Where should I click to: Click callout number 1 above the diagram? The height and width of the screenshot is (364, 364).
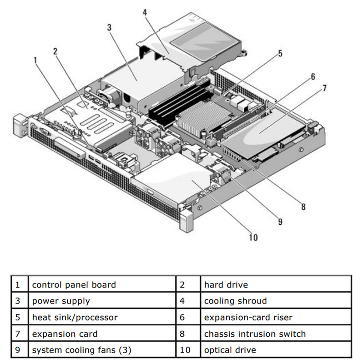[35, 59]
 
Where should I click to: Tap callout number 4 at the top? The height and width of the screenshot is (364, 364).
[145, 12]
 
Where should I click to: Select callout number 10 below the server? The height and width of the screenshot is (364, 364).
[253, 237]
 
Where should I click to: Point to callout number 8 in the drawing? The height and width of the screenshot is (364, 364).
[303, 206]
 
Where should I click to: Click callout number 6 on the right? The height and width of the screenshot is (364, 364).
[313, 76]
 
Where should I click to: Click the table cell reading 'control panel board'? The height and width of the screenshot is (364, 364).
[74, 285]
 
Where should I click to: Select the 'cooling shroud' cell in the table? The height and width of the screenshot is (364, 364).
[235, 301]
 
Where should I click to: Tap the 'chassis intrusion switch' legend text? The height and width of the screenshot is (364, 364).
[255, 334]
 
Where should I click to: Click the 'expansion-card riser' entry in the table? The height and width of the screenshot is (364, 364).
[248, 318]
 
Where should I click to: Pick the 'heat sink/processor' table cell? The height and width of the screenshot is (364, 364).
[75, 318]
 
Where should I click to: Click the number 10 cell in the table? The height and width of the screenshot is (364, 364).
[187, 350]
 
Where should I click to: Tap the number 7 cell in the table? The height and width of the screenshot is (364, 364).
[18, 334]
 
